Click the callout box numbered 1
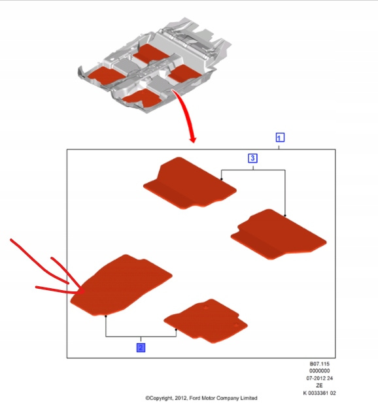tap(280, 137)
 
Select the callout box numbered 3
tap(252, 158)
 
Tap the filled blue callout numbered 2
tap(141, 348)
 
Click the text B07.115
tap(319, 364)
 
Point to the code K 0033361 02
tap(319, 393)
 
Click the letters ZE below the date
tap(319, 386)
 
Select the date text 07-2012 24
tap(319, 378)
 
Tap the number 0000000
tap(319, 371)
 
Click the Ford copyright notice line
tap(201, 398)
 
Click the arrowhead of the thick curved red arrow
tap(193, 139)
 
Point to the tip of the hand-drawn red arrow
tap(84, 291)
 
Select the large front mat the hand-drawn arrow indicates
tap(121, 284)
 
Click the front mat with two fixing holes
tap(206, 321)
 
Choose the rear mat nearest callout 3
tap(190, 183)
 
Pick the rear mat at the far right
tap(279, 234)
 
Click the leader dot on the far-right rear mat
tap(285, 216)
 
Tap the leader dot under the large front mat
tap(106, 316)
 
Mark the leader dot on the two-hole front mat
tap(176, 330)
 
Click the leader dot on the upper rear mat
tap(222, 179)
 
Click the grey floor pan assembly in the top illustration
tap(155, 65)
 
